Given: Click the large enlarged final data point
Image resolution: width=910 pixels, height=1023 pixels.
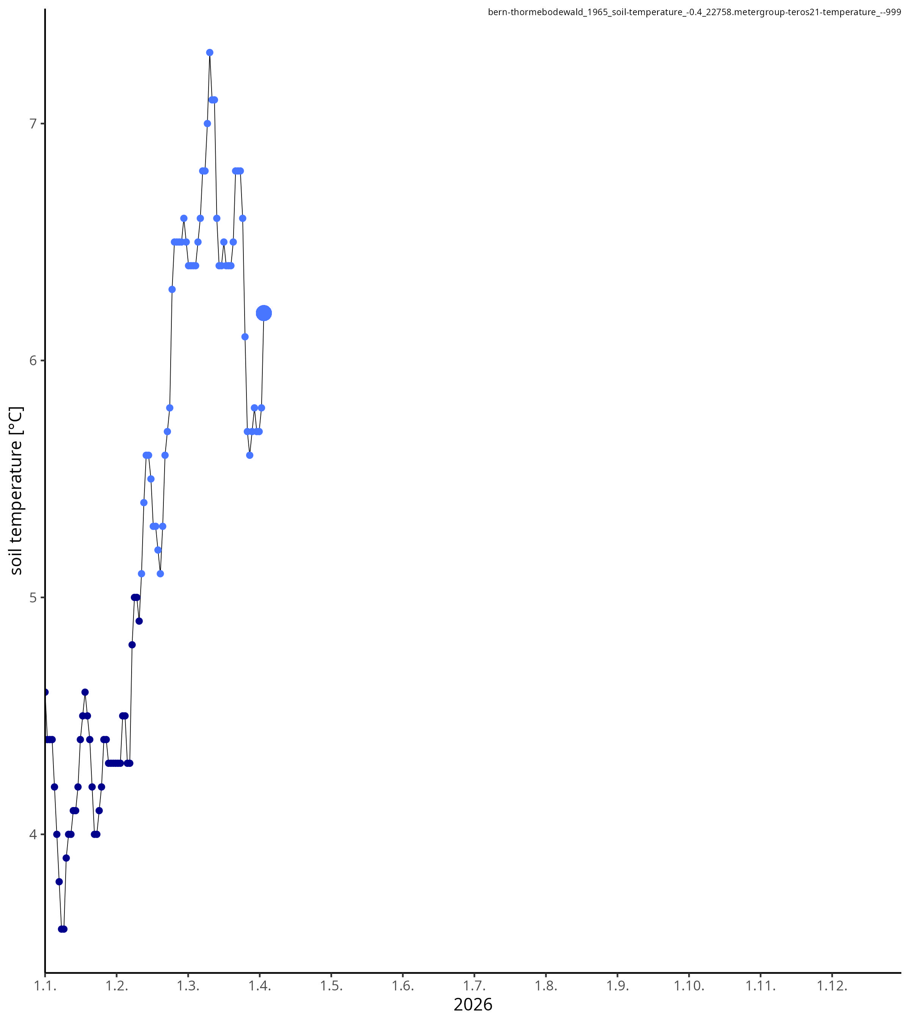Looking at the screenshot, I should [264, 313].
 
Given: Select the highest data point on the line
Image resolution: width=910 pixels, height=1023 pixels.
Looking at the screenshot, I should [210, 53].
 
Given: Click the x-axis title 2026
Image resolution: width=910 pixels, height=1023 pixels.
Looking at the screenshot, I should [473, 1005].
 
